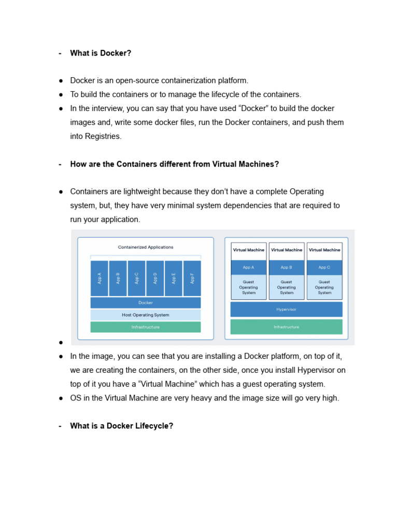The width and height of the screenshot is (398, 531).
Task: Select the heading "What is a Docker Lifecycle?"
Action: pyautogui.click(x=121, y=426)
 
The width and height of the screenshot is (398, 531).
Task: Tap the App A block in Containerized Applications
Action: pyautogui.click(x=99, y=278)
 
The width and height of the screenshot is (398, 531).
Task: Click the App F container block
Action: pyautogui.click(x=192, y=278)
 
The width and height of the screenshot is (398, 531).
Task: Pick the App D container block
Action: pyautogui.click(x=155, y=278)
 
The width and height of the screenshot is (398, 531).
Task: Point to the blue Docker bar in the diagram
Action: pyautogui.click(x=146, y=303)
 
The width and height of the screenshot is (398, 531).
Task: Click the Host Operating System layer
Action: pyautogui.click(x=146, y=315)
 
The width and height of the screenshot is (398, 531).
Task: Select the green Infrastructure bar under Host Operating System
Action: pyautogui.click(x=146, y=327)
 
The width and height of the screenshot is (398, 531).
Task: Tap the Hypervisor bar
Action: pyautogui.click(x=286, y=310)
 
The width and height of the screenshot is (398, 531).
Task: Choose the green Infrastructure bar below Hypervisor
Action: pyautogui.click(x=286, y=327)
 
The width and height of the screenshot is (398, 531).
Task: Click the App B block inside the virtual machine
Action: pyautogui.click(x=286, y=268)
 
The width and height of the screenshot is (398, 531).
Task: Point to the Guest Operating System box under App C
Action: pyautogui.click(x=324, y=287)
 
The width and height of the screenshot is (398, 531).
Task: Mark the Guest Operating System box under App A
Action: pyautogui.click(x=249, y=287)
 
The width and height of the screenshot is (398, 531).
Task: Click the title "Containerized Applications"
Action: pyautogui.click(x=146, y=247)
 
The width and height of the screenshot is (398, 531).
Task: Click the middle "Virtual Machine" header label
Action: pyautogui.click(x=286, y=250)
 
